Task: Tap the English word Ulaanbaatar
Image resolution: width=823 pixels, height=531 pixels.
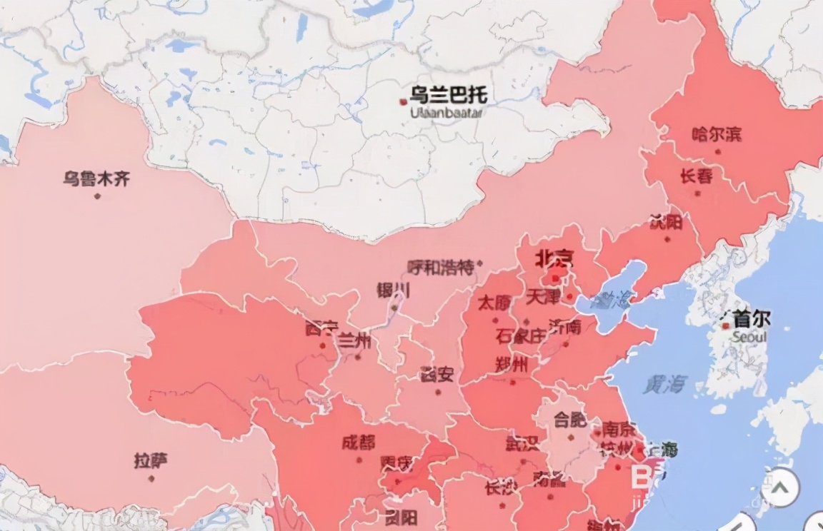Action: (447, 113)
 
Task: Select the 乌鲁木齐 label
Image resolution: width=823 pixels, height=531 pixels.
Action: (96, 178)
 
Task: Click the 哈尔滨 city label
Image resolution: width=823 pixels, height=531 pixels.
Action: (717, 133)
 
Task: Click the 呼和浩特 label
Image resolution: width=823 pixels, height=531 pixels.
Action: (440, 268)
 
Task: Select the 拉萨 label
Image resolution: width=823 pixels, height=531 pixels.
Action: (151, 460)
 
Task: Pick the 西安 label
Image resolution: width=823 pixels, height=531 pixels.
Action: (436, 374)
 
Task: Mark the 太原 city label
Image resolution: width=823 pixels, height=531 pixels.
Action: (494, 303)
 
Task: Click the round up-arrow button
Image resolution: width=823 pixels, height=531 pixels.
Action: (779, 489)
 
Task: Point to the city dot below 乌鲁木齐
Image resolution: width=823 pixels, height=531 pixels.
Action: (97, 196)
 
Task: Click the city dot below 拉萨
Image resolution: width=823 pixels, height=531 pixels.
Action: (151, 478)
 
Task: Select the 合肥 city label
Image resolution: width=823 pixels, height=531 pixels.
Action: (570, 420)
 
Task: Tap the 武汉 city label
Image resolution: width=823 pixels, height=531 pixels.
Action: (522, 444)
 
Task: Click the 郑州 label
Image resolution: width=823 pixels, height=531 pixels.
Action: (512, 365)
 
